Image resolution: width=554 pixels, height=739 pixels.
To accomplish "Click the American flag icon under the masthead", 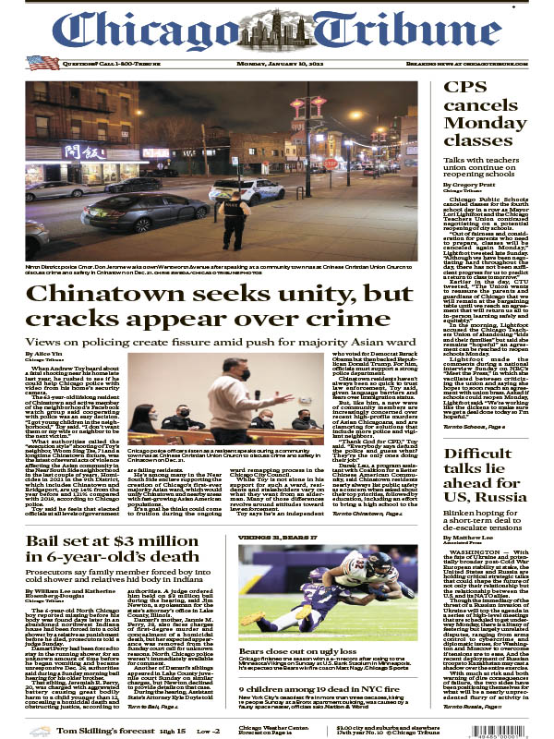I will [x=42, y=63].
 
